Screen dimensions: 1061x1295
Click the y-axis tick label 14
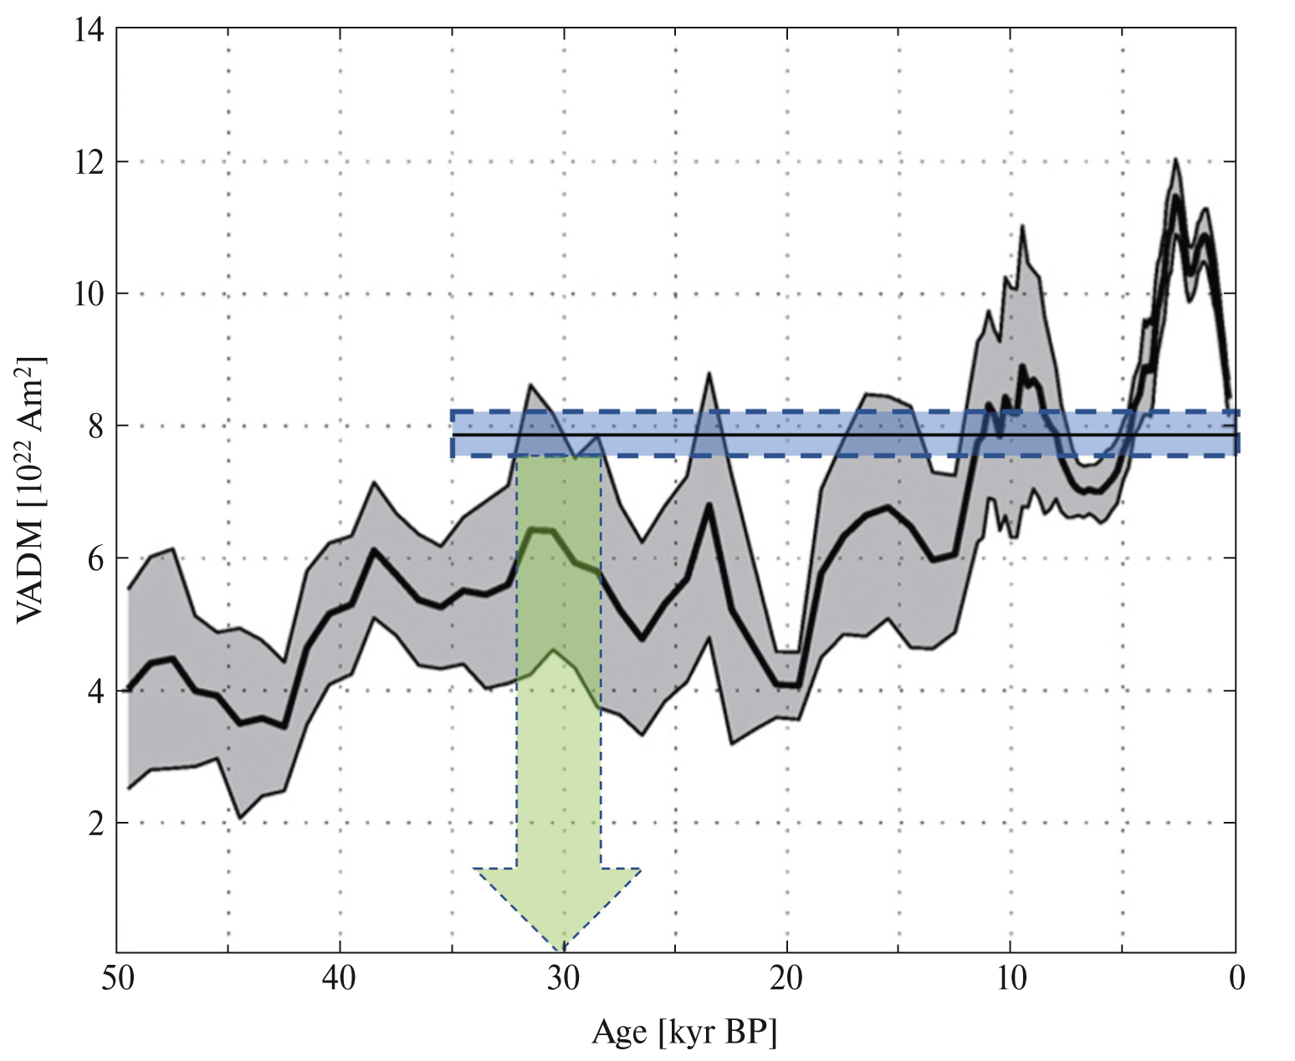point(90,30)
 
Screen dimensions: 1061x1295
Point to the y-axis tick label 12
point(90,161)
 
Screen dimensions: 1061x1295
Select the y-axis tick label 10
point(90,293)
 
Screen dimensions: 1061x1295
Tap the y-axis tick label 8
point(95,426)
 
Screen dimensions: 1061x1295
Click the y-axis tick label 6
point(95,559)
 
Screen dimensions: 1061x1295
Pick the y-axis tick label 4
point(95,691)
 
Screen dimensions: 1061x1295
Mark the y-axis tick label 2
point(95,824)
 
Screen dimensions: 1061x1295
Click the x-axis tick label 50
point(116,977)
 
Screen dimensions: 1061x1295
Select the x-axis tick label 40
point(340,977)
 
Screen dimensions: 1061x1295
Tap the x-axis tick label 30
point(563,977)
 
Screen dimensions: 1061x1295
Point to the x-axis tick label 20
point(787,977)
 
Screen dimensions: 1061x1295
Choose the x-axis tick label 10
point(1011,977)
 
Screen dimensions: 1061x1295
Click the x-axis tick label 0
point(1236,977)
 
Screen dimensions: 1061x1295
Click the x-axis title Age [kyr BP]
point(684,1033)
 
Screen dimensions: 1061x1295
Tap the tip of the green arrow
point(562,950)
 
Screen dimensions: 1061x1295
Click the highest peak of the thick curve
point(1176,197)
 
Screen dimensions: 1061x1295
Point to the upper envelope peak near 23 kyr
point(709,374)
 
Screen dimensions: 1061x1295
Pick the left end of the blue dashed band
point(453,434)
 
